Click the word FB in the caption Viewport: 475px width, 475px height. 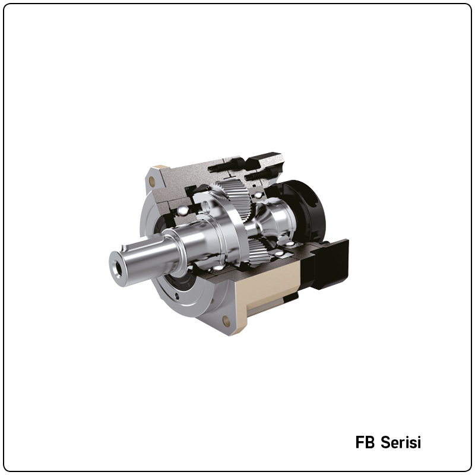[365, 443]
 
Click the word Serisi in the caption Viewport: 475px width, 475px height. [401, 443]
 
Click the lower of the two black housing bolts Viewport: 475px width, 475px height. [259, 176]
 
